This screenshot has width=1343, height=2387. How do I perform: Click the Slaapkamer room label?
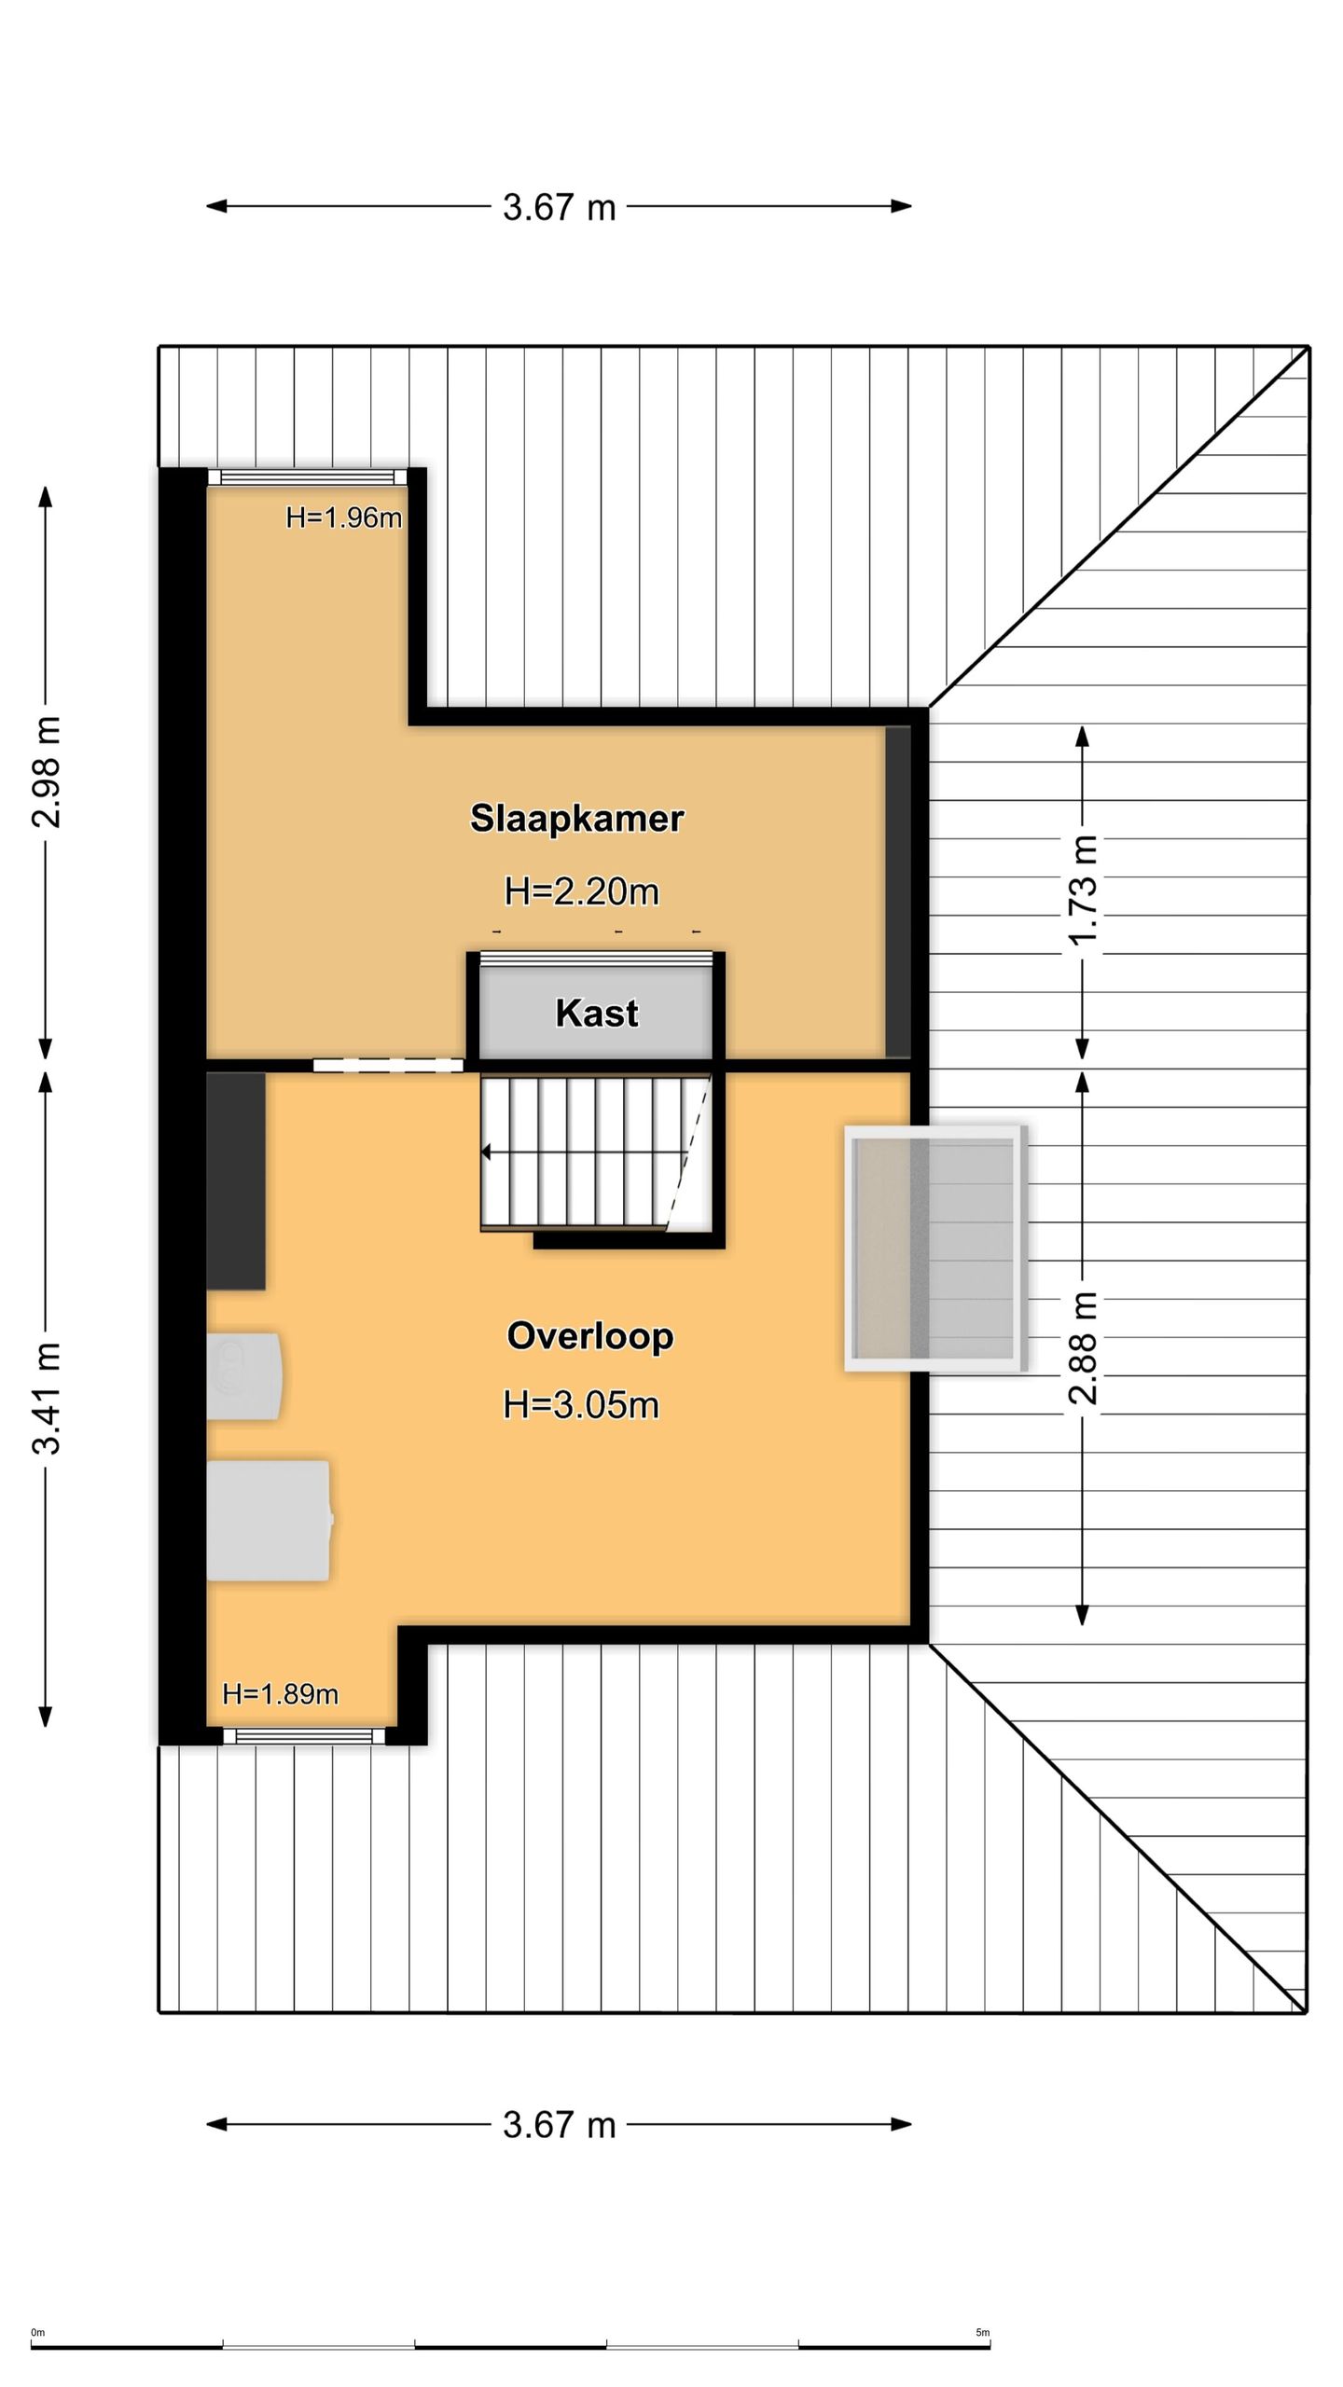pyautogui.click(x=576, y=818)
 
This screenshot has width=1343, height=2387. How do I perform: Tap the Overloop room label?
pyautogui.click(x=589, y=1336)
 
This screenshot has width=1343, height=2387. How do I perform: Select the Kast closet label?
pyautogui.click(x=597, y=1014)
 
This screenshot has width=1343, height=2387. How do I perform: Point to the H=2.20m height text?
pyautogui.click(x=581, y=892)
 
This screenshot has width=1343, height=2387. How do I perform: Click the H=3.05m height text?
pyautogui.click(x=581, y=1404)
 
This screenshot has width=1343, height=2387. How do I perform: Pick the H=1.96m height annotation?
pyautogui.click(x=343, y=517)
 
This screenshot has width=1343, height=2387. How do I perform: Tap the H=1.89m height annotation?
pyautogui.click(x=280, y=1694)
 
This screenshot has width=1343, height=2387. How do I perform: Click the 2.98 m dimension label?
pyautogui.click(x=46, y=772)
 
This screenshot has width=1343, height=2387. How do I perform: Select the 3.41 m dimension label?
pyautogui.click(x=46, y=1399)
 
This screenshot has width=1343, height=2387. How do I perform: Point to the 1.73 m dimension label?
pyautogui.click(x=1082, y=890)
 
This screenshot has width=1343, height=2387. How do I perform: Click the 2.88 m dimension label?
pyautogui.click(x=1082, y=1348)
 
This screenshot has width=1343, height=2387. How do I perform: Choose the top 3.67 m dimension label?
pyautogui.click(x=560, y=207)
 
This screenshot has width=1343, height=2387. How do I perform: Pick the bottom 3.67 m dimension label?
pyautogui.click(x=560, y=2124)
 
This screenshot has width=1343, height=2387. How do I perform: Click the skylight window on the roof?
pyautogui.click(x=935, y=1249)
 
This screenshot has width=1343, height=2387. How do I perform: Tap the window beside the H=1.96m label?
pyautogui.click(x=308, y=477)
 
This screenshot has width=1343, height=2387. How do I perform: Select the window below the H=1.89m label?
pyautogui.click(x=304, y=1735)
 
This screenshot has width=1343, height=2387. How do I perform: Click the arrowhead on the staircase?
pyautogui.click(x=486, y=1153)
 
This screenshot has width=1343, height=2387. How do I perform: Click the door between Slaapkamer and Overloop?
pyautogui.click(x=388, y=1066)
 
